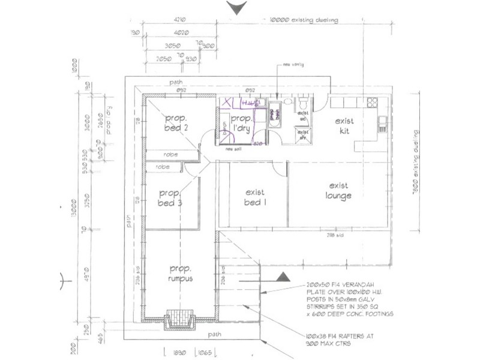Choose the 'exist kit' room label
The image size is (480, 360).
[x=345, y=125]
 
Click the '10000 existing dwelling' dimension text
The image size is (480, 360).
[x=305, y=20]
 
